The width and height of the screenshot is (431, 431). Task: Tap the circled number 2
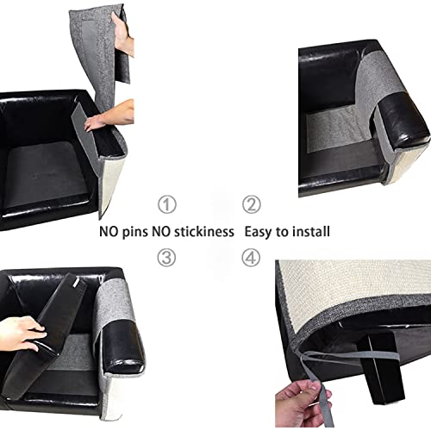tap(250, 204)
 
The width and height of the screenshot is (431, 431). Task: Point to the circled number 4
tap(250, 256)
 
